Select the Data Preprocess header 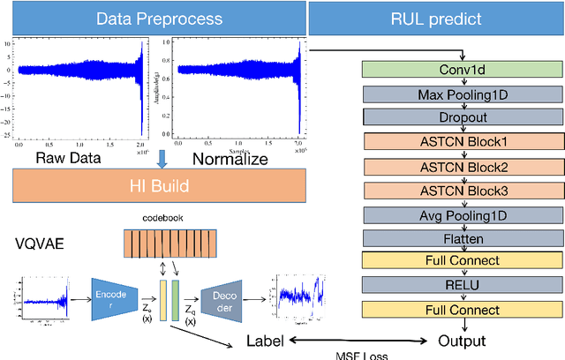coord(152,17)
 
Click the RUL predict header coord(436,17)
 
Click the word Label coord(267,341)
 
